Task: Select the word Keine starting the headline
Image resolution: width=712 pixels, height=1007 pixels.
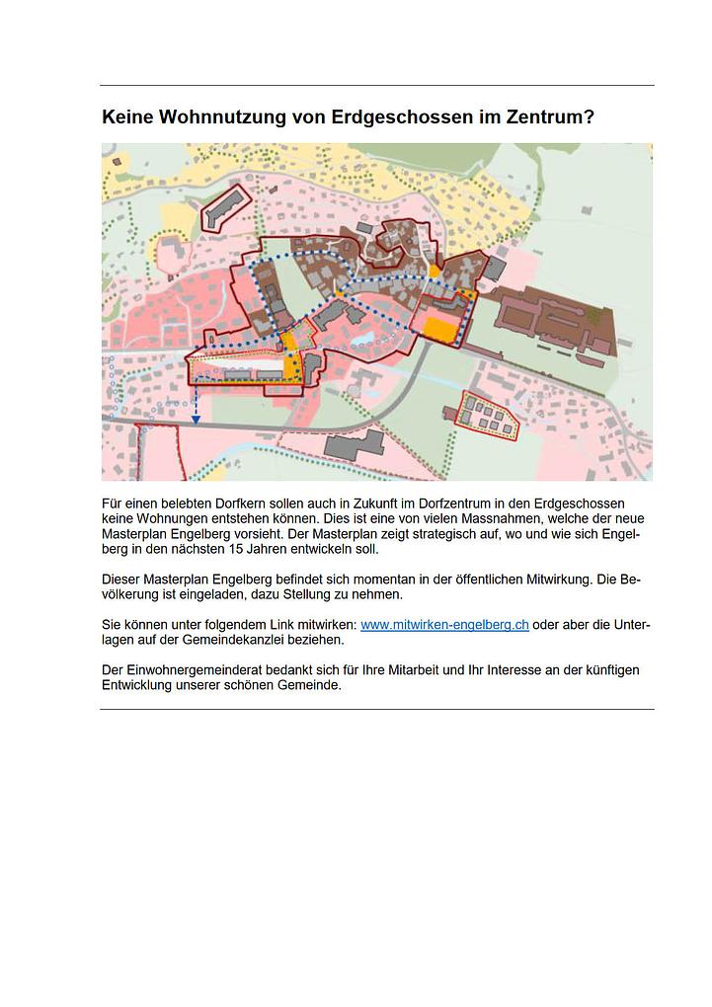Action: pyautogui.click(x=126, y=117)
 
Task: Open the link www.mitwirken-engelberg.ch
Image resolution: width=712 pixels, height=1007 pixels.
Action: pyautogui.click(x=444, y=626)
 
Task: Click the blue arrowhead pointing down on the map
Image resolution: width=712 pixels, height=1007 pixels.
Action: pyautogui.click(x=196, y=420)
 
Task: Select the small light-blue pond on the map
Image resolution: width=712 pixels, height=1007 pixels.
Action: pyautogui.click(x=361, y=339)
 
